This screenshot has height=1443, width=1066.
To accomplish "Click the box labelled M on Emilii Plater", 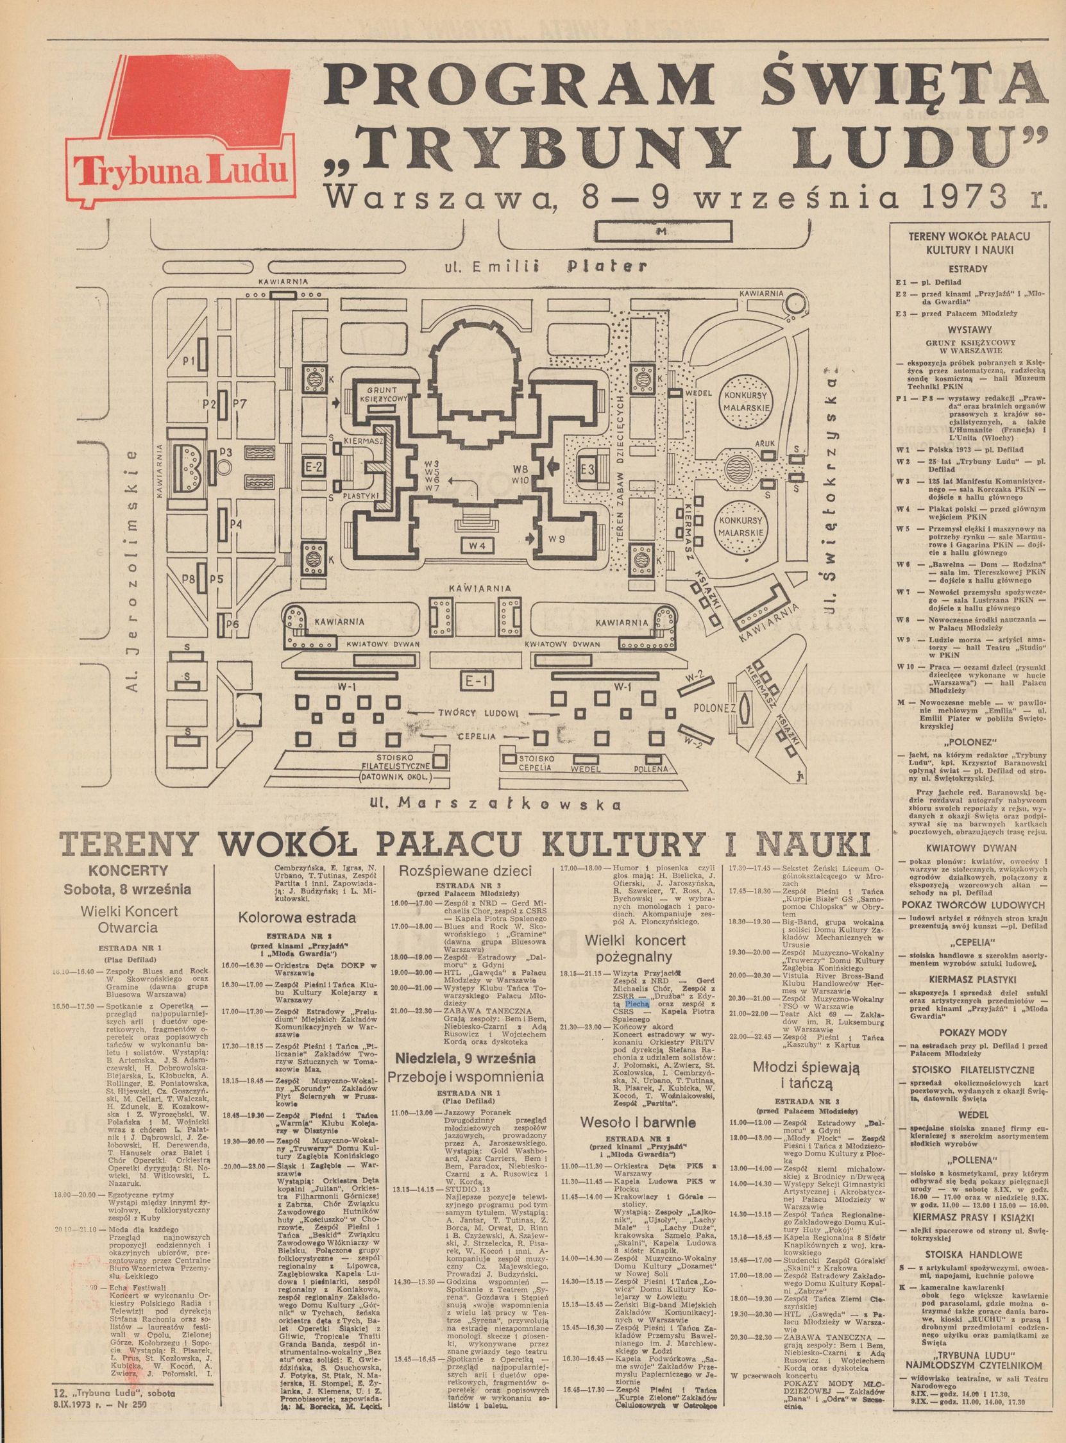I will click(x=659, y=231).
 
